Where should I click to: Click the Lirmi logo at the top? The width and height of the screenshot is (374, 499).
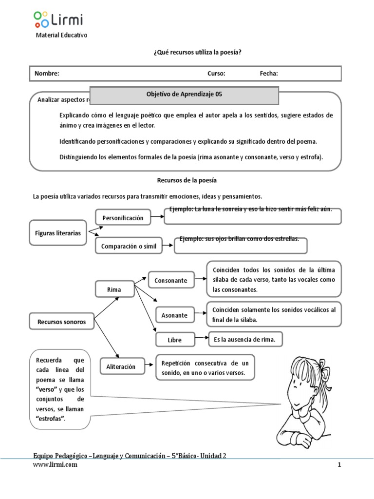pos(58,19)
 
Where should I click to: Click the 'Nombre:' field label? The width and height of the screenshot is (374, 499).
pos(47,74)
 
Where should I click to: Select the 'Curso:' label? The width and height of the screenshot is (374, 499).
pos(216,74)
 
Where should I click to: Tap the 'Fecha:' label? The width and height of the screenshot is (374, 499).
pos(269,74)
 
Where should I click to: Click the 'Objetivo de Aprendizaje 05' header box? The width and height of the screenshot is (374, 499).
pos(184,95)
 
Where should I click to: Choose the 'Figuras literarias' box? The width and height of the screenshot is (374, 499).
pos(58,233)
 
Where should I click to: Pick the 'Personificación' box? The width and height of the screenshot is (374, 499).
pos(123,218)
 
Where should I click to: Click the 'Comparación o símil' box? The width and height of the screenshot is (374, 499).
pos(129,246)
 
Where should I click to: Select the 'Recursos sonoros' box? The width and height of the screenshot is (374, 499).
pos(61,322)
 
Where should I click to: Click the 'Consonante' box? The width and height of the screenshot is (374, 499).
pos(170,280)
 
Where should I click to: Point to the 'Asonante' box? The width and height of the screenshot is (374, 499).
pos(174,315)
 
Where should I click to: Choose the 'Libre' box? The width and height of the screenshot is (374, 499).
pos(175,339)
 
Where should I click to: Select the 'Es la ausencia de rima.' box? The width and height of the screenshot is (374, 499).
pos(245,339)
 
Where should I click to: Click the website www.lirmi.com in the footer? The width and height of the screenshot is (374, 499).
pos(55,464)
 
